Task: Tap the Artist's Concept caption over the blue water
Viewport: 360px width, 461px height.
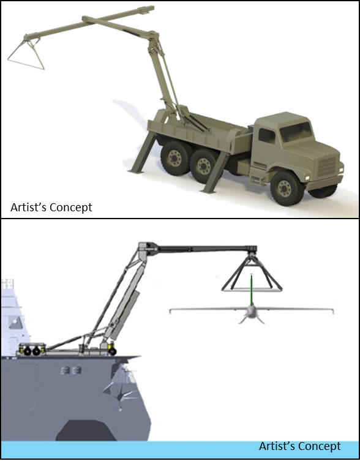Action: tap(300, 446)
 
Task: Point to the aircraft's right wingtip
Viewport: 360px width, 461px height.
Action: tap(330, 312)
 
